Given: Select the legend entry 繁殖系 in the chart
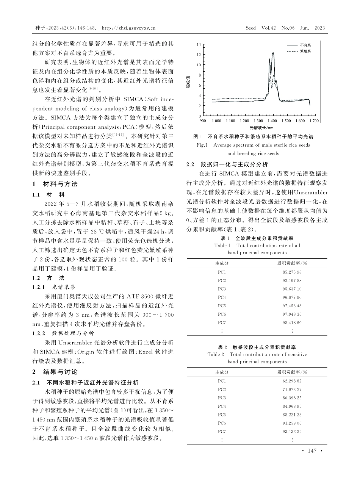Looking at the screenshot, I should coord(305,50).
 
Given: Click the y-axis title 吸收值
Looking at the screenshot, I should coord(188,81).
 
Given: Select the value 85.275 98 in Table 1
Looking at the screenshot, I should coord(292,272).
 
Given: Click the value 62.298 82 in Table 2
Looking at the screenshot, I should coord(292,381).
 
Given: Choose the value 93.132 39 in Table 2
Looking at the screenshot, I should coord(292,431).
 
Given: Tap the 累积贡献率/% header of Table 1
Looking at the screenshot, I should coord(292,263).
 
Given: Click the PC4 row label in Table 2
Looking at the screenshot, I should coord(222,406).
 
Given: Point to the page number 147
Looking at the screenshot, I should coord(312,451).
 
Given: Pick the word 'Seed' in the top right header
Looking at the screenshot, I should coord(251,28).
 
